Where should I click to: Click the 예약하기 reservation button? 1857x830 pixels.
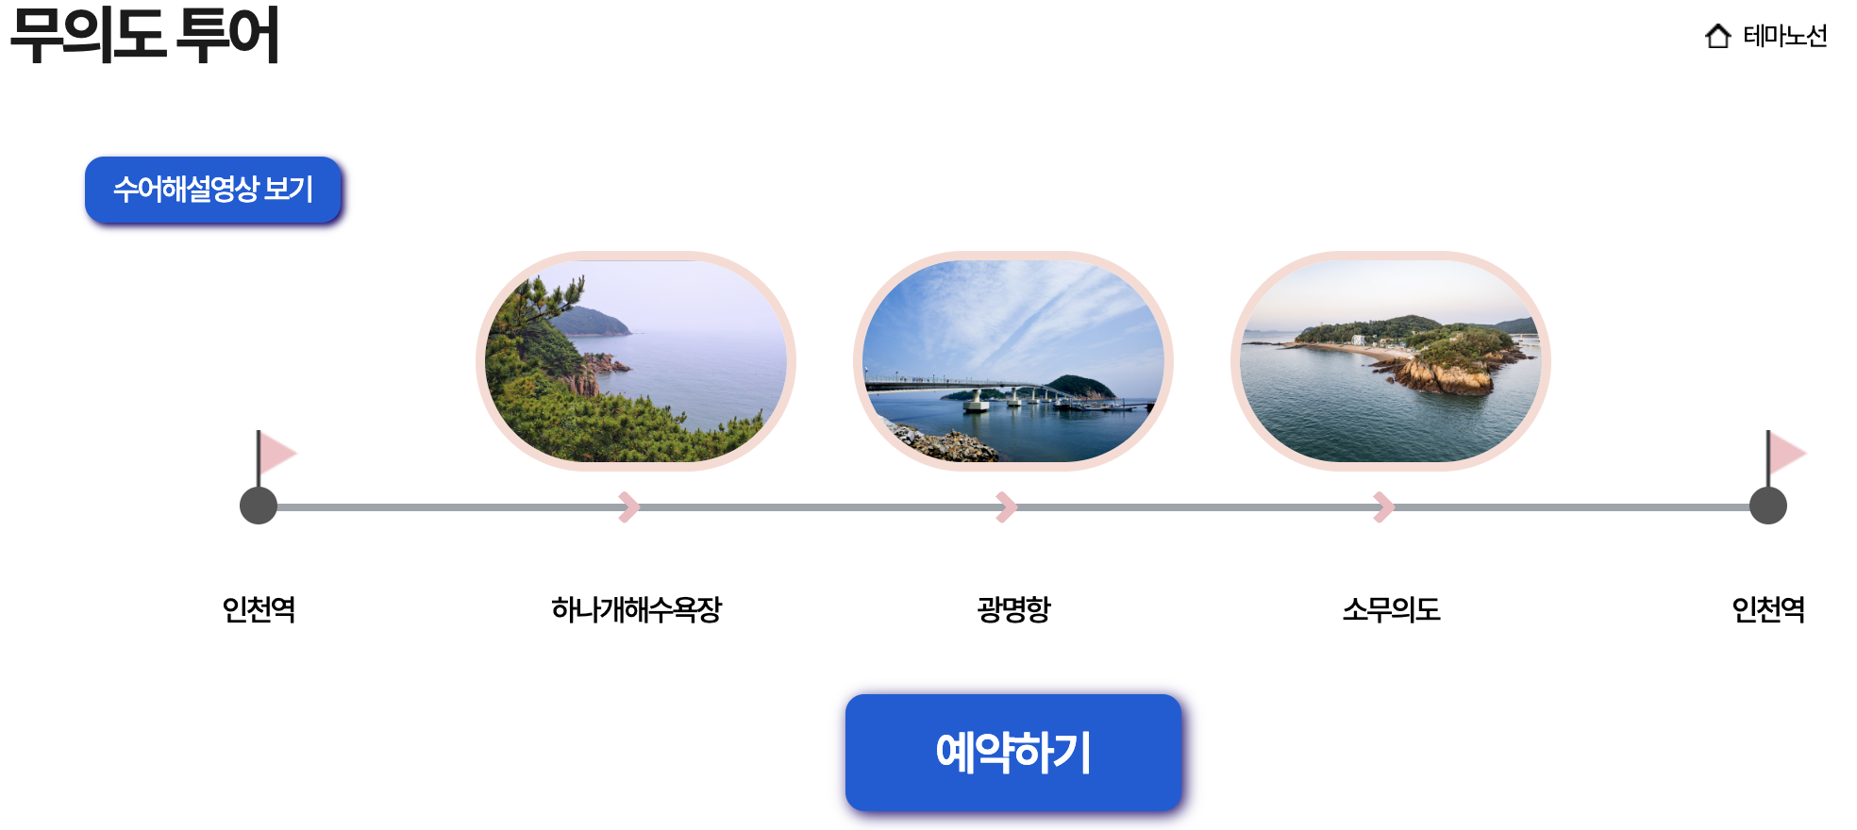pyautogui.click(x=1012, y=753)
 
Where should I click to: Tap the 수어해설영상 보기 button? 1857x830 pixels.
pyautogui.click(x=213, y=190)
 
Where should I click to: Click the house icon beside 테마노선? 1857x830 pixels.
pyautogui.click(x=1718, y=36)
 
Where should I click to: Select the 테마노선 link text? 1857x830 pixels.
pyautogui.click(x=1785, y=36)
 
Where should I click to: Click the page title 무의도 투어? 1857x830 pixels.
pyautogui.click(x=144, y=36)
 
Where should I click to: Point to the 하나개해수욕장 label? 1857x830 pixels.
pyautogui.click(x=636, y=609)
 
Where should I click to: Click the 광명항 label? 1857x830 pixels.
pyautogui.click(x=1013, y=609)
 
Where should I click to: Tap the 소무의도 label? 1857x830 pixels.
pyautogui.click(x=1391, y=609)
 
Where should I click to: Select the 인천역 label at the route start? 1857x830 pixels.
pyautogui.click(x=259, y=609)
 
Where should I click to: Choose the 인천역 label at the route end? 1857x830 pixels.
pyautogui.click(x=1768, y=609)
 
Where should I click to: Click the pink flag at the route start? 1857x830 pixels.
pyautogui.click(x=276, y=454)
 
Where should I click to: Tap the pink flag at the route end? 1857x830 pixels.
pyautogui.click(x=1785, y=454)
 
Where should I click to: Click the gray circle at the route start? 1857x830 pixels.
pyautogui.click(x=259, y=506)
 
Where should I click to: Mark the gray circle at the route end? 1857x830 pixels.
pyautogui.click(x=1768, y=506)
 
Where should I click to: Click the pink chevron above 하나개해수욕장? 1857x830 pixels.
pyautogui.click(x=629, y=506)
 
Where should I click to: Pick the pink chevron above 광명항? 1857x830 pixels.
pyautogui.click(x=1007, y=506)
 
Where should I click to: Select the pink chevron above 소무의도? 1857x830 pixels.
pyautogui.click(x=1384, y=506)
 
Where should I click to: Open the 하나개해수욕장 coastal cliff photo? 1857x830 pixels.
pyautogui.click(x=636, y=361)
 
